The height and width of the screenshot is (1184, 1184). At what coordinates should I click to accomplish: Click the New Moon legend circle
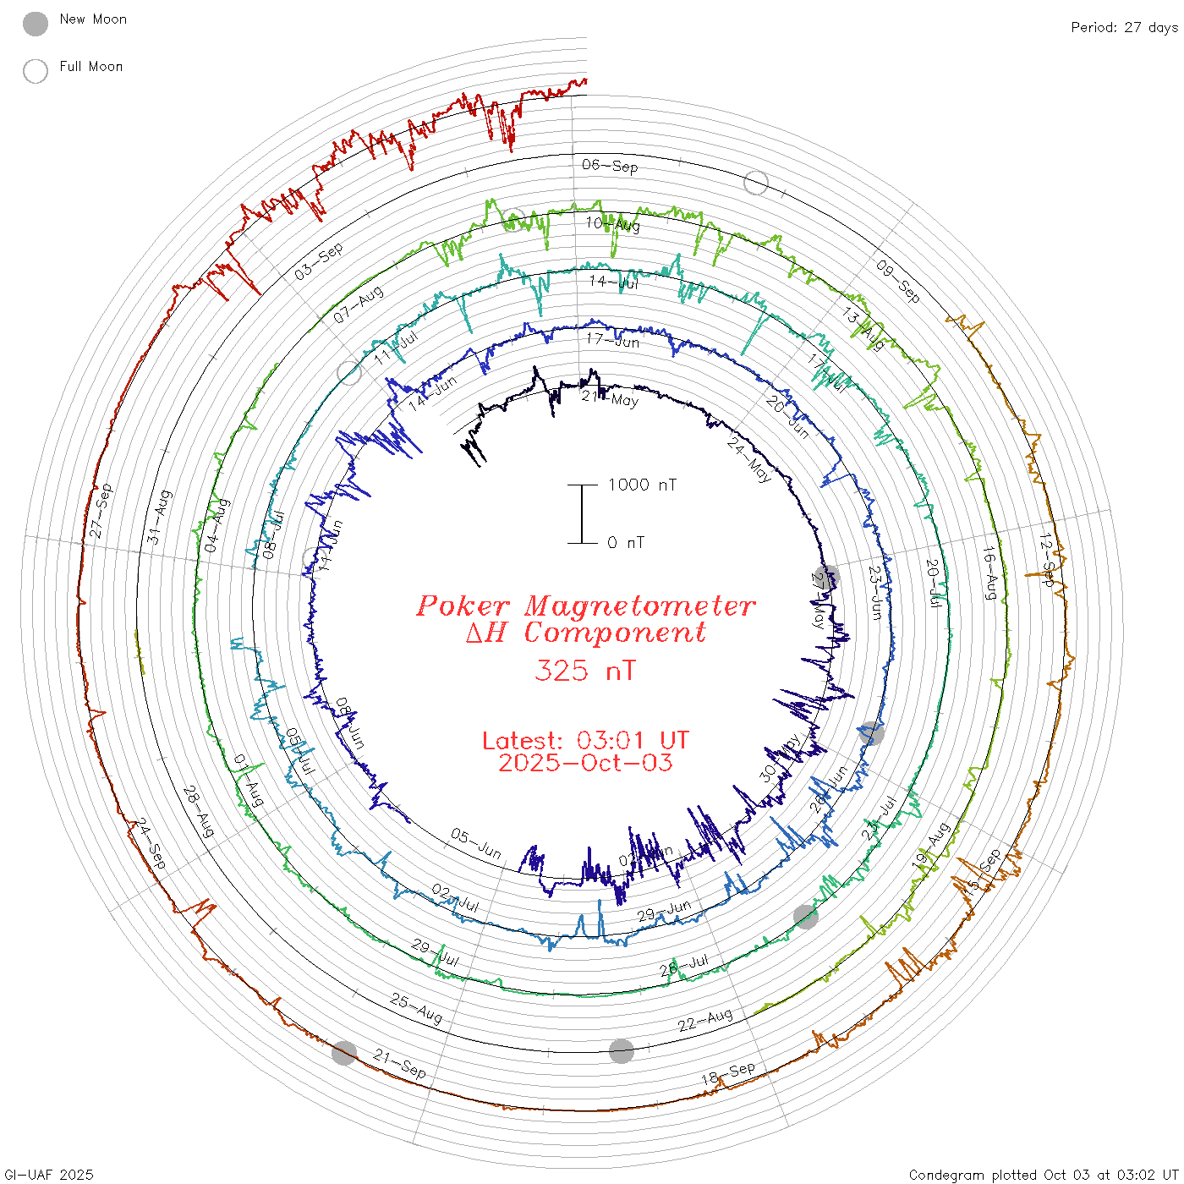(x=36, y=24)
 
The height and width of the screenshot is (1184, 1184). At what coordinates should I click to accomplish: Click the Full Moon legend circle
(x=36, y=71)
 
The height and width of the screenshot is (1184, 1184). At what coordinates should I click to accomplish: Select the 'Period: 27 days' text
(x=1124, y=28)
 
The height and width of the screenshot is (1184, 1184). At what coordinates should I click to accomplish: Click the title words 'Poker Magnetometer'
(x=585, y=606)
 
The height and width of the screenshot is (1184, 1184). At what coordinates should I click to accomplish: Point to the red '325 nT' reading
(x=584, y=671)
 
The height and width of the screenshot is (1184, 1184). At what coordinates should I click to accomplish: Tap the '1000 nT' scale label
(x=643, y=485)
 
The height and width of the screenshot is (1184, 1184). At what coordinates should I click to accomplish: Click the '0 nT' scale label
(x=626, y=543)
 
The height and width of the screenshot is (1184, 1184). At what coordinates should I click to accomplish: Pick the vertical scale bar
(x=582, y=513)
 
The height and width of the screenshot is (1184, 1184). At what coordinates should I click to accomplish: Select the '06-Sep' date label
(x=610, y=166)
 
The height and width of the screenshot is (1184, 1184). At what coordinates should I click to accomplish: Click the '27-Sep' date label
(x=101, y=511)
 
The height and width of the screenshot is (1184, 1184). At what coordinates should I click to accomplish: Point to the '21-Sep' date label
(x=400, y=1064)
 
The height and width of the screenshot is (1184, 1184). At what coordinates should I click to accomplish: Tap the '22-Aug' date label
(x=704, y=1020)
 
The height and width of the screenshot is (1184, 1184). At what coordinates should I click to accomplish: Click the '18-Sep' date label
(x=727, y=1073)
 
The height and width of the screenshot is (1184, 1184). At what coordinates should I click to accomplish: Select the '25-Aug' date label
(x=416, y=1008)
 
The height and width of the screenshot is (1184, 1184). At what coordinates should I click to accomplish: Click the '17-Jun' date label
(x=612, y=340)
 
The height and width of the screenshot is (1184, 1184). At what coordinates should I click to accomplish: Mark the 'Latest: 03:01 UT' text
(x=585, y=741)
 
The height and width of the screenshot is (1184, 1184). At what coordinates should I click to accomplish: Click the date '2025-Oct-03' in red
(x=585, y=763)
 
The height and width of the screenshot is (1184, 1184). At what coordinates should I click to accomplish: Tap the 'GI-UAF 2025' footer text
(x=49, y=1175)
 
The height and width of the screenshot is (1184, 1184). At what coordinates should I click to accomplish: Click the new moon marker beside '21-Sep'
(x=343, y=1053)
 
